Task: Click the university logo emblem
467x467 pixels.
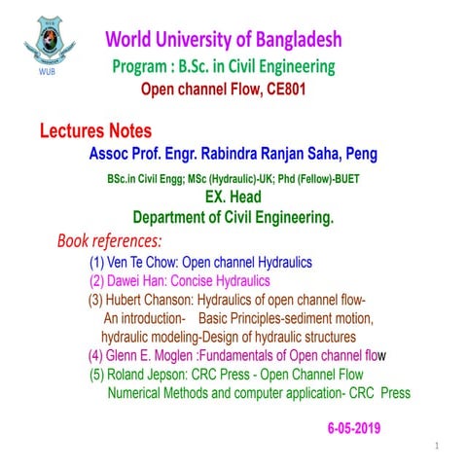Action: [x=47, y=41]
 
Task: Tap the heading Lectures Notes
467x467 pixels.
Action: [x=95, y=130]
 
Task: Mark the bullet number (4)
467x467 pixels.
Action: [x=97, y=354]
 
